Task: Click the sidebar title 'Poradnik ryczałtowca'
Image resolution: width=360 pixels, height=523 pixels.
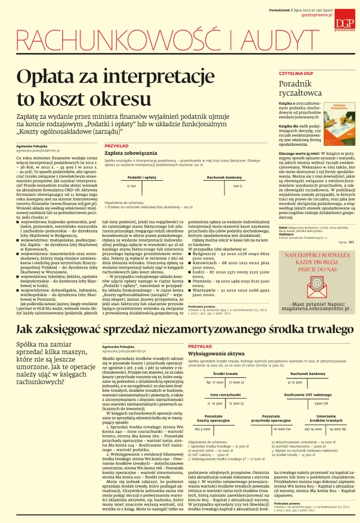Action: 300,88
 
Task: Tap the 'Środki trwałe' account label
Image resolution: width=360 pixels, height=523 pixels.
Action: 225,373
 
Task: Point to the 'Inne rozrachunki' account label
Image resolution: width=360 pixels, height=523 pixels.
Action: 225,395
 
